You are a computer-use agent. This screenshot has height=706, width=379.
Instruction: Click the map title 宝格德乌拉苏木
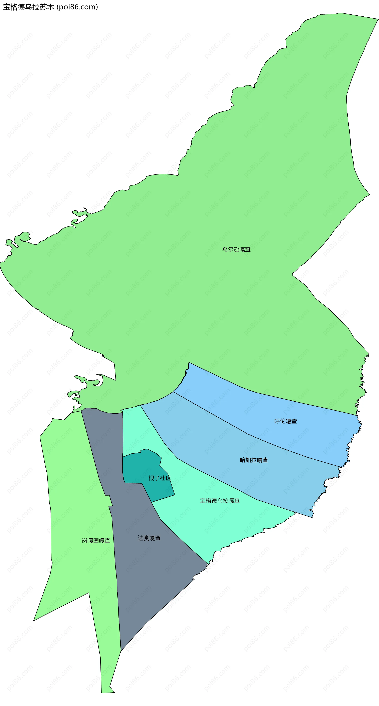[x=28, y=7]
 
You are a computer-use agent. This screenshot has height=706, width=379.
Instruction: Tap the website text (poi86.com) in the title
[x=77, y=7]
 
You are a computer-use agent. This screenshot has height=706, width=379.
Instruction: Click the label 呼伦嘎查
[x=285, y=421]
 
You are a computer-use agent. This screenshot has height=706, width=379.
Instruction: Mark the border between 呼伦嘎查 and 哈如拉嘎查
[x=246, y=434]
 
